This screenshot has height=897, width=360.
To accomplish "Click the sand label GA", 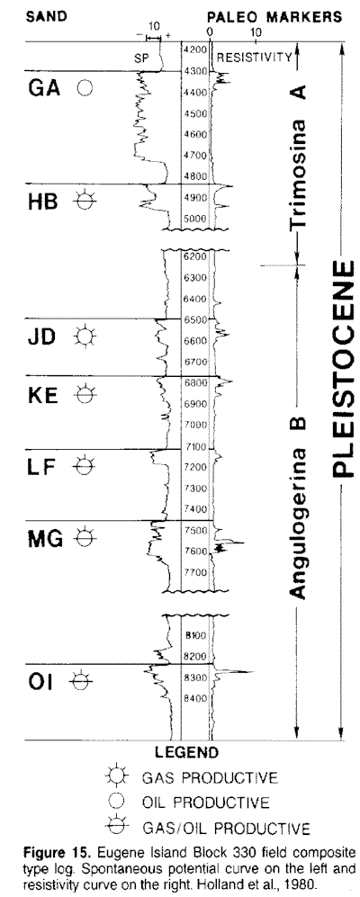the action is click(44, 89).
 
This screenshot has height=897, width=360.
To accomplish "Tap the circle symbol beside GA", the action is click(85, 89).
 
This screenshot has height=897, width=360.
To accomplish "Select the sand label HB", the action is click(43, 202).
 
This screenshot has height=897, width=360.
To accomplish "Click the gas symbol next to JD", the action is click(85, 336).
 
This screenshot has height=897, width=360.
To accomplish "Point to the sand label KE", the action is click(43, 395).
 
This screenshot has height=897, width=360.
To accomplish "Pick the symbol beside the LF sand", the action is click(84, 466).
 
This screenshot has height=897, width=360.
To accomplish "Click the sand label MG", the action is click(45, 538).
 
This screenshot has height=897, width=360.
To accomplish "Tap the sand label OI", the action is click(40, 682).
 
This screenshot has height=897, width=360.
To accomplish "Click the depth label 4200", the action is click(195, 49).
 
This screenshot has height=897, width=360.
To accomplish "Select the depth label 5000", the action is click(195, 219).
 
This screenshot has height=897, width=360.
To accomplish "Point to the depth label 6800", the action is click(195, 382).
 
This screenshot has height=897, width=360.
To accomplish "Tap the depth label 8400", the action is click(195, 698).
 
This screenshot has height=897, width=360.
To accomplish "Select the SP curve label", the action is click(140, 58).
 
